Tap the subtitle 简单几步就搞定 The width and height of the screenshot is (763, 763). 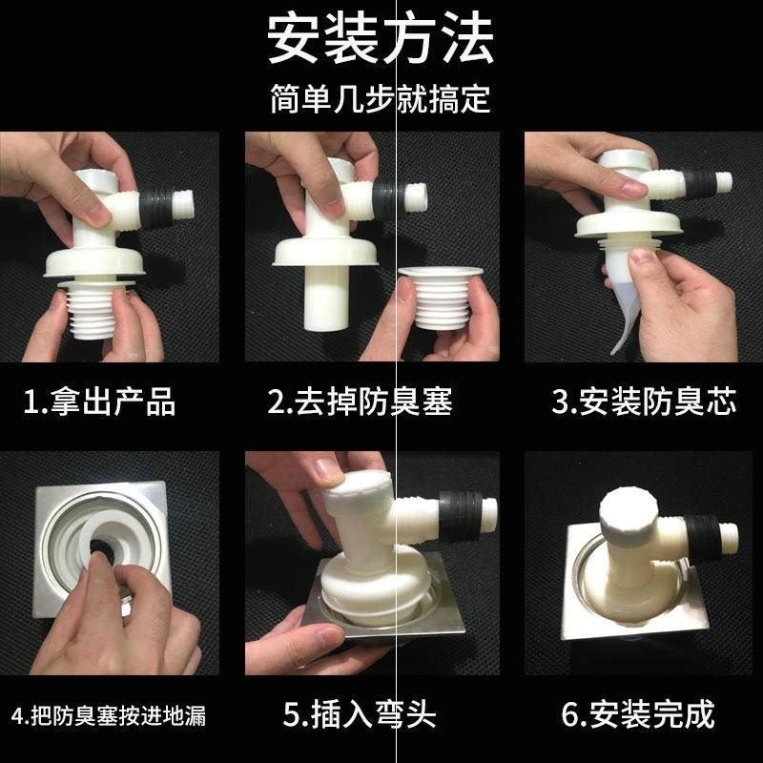pyautogui.click(x=380, y=98)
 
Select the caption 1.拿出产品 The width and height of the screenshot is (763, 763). pyautogui.click(x=99, y=402)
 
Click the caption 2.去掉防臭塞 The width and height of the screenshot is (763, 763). pyautogui.click(x=361, y=402)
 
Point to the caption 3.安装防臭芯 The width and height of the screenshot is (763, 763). pyautogui.click(x=644, y=402)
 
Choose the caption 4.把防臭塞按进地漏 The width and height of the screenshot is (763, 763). pyautogui.click(x=109, y=716)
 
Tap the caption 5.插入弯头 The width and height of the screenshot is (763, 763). pyautogui.click(x=360, y=713)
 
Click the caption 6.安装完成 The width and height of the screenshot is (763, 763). pyautogui.click(x=638, y=713)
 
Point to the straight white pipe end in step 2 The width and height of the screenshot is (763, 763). pyautogui.click(x=326, y=298)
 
